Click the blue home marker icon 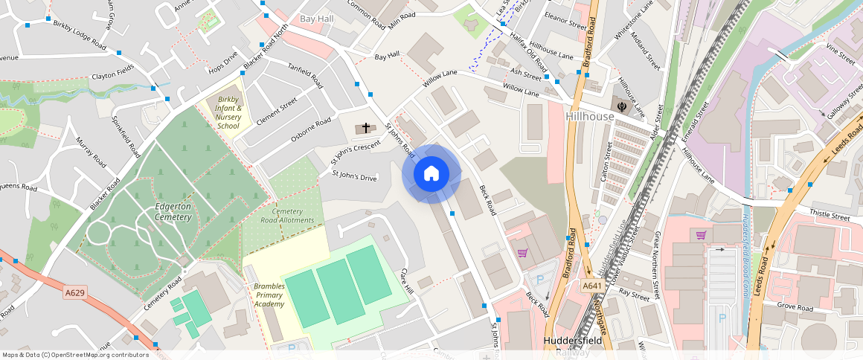point(431,174)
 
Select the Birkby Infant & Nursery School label point(228,112)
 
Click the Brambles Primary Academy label point(269,295)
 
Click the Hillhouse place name point(590,117)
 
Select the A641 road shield point(592,286)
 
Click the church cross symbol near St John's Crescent point(365,128)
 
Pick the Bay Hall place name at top point(316,18)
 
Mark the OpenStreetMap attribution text point(75,355)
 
